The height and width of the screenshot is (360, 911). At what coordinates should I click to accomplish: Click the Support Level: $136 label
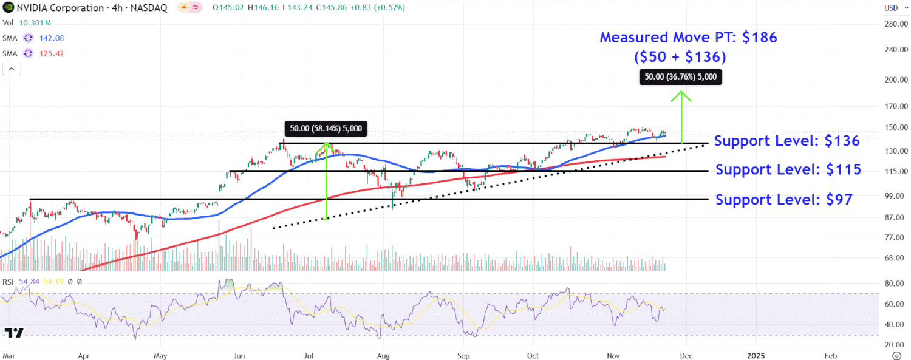coord(786,141)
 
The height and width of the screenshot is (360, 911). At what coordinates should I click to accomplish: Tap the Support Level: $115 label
coord(788,170)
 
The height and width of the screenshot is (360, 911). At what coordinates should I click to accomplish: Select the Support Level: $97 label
coord(783,200)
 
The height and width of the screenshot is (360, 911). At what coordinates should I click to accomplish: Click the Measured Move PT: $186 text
coord(688,38)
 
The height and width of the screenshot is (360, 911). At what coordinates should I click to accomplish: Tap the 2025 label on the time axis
coord(756,354)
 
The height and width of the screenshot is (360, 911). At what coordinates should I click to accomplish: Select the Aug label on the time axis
coord(383,354)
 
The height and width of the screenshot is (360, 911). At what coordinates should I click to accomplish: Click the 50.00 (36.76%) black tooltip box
coord(681,77)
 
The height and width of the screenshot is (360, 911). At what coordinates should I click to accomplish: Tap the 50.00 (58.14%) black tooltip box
coord(326,128)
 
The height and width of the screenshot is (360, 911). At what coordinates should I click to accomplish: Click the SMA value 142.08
coord(52,38)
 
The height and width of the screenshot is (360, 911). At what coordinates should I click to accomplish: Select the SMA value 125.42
coord(52,53)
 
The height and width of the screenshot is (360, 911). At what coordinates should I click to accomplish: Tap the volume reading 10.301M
coord(35,23)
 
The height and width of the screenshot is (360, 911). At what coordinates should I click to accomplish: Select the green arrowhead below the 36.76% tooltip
coord(681,95)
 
